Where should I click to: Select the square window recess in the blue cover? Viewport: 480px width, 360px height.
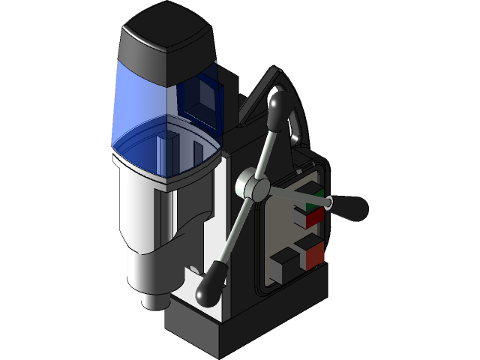click(203, 94)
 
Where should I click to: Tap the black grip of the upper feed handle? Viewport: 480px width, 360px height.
click(278, 109)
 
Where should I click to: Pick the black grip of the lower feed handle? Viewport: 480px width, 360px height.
click(211, 282)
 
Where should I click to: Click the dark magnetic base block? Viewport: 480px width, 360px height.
click(225, 330)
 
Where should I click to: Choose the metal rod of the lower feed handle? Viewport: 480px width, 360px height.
click(233, 229)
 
